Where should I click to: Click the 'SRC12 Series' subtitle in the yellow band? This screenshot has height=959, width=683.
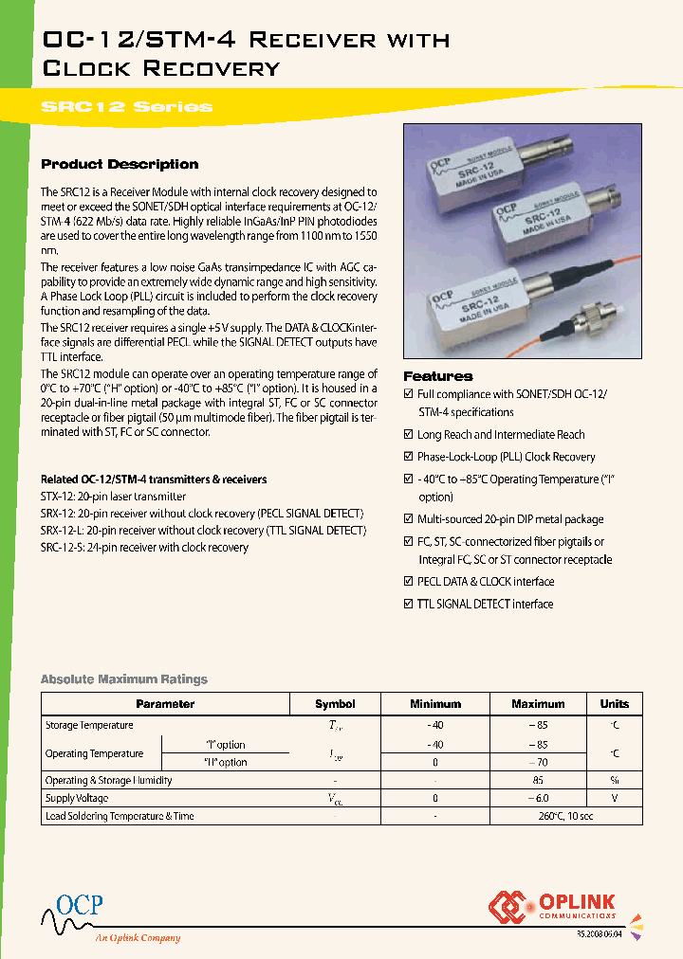point(127,106)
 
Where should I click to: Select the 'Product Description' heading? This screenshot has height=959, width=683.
point(120,164)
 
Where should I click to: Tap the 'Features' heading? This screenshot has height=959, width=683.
point(438,376)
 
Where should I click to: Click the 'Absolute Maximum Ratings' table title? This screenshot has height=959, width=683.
point(123,679)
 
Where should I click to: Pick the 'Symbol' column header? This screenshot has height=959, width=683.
point(335,704)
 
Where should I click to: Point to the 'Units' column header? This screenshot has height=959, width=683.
point(614,704)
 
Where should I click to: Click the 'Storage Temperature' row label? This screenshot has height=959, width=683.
point(89,725)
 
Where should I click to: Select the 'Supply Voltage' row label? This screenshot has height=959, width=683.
point(77,798)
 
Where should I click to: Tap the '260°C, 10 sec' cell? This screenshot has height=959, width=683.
point(538,816)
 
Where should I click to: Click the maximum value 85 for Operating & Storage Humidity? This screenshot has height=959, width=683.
point(538,781)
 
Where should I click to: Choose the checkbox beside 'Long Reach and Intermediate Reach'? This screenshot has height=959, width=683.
point(409,435)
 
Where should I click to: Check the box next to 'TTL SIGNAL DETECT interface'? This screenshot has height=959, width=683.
point(409,604)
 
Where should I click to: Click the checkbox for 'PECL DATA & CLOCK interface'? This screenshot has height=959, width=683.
point(409,582)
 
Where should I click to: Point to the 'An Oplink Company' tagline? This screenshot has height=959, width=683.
point(138,938)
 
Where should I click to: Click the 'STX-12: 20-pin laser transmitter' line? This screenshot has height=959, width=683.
point(114,497)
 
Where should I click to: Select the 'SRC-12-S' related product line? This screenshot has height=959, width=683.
point(144,548)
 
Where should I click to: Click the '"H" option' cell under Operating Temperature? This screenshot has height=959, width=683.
point(226,762)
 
